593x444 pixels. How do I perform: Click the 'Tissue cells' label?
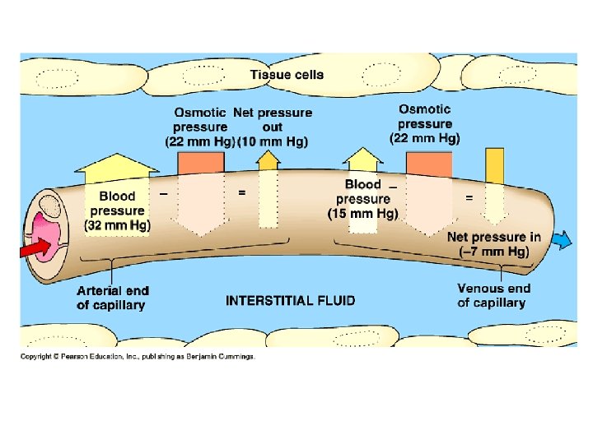(x=287, y=74)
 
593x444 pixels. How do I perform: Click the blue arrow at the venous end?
(x=563, y=240)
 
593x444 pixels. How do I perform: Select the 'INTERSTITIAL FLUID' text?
(x=291, y=300)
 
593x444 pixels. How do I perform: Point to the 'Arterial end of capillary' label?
(x=112, y=297)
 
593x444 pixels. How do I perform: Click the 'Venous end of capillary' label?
(x=493, y=295)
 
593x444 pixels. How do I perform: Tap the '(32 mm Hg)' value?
(x=117, y=224)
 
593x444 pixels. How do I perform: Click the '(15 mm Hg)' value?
(x=363, y=213)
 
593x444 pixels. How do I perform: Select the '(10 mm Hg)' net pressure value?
(x=273, y=141)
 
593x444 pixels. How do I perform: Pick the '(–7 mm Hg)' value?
(x=493, y=252)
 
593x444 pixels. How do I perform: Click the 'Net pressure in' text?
(x=493, y=237)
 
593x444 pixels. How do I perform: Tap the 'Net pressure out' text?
(x=273, y=119)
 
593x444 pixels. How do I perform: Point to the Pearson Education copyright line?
(x=138, y=356)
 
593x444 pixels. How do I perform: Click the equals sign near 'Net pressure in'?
(x=469, y=198)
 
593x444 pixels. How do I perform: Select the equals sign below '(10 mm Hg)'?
(x=241, y=193)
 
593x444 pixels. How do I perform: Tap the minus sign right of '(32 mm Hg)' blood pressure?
(x=164, y=193)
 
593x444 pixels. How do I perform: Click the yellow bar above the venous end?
(x=494, y=164)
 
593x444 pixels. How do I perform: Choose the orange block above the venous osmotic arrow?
(x=428, y=164)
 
